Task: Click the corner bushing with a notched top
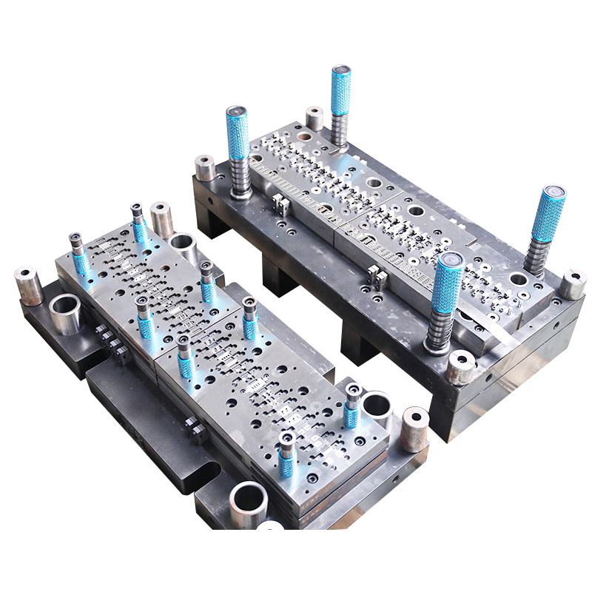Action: (572, 284)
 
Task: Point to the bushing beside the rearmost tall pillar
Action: (314, 118)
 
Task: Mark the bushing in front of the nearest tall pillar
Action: (461, 367)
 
